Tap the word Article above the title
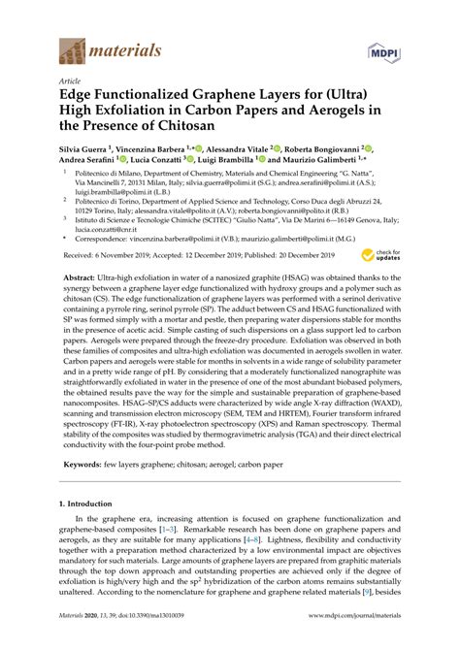pyautogui.click(x=71, y=82)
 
